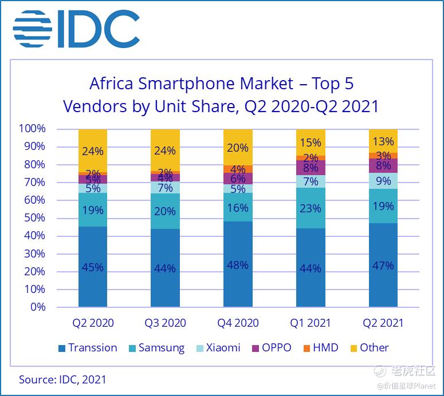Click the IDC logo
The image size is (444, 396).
pyautogui.click(x=77, y=29)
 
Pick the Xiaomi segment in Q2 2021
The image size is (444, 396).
pyautogui.click(x=383, y=181)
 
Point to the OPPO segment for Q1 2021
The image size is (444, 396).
pyautogui.click(x=311, y=168)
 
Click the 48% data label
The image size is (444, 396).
pyautogui.click(x=238, y=265)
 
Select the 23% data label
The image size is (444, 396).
pyautogui.click(x=311, y=208)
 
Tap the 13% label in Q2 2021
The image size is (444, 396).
pyautogui.click(x=383, y=141)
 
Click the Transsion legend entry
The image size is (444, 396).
pyautogui.click(x=87, y=347)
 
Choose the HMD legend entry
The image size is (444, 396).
pyautogui.click(x=320, y=347)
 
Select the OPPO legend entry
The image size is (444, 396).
pyautogui.click(x=271, y=347)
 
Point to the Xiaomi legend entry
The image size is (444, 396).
pyautogui.click(x=218, y=347)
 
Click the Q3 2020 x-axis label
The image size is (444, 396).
pyautogui.click(x=165, y=323)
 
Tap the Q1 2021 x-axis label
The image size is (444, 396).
pyautogui.click(x=311, y=323)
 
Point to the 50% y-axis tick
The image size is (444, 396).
pyautogui.click(x=34, y=218)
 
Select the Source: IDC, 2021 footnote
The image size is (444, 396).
pyautogui.click(x=62, y=379)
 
